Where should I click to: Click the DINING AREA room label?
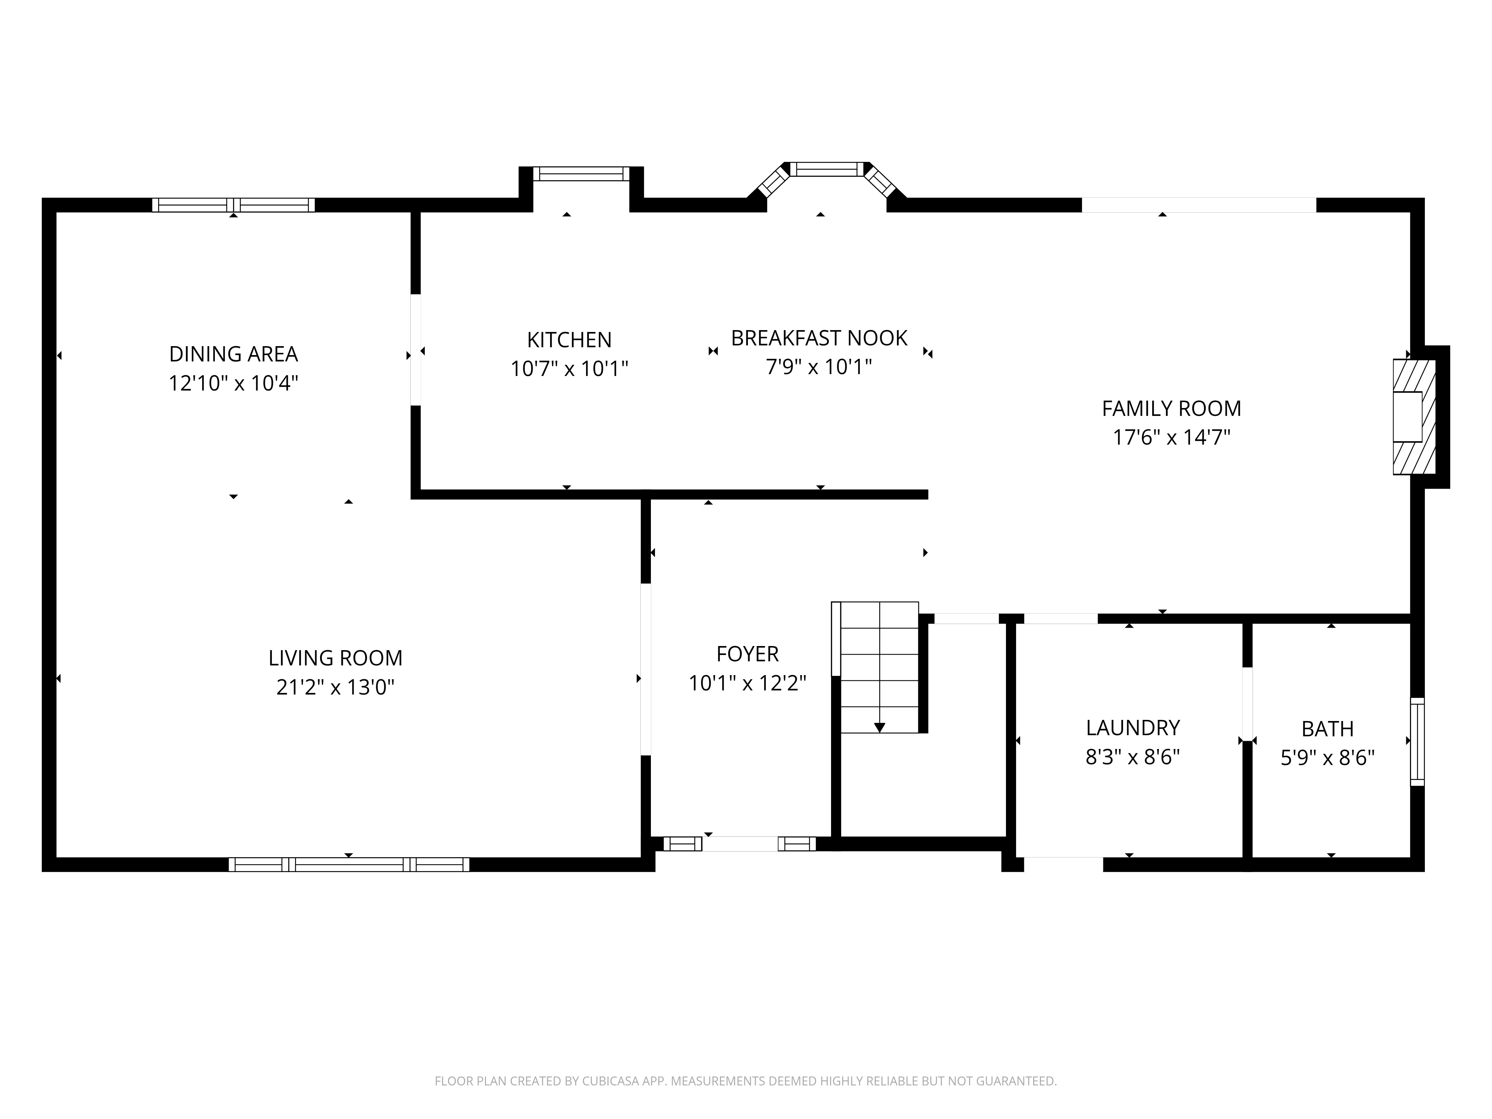pos(233,354)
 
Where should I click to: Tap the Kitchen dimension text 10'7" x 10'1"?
pos(569,369)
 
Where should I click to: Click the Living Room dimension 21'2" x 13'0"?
pos(335,687)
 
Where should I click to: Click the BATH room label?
pos(1328,729)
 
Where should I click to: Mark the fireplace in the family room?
pos(1414,417)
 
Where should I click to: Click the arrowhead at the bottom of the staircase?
pos(880,727)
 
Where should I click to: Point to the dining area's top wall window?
pos(233,205)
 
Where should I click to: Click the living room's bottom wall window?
pos(349,865)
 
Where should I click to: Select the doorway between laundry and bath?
pos(1247,704)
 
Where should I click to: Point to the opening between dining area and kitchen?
pos(416,350)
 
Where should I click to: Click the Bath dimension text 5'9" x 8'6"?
pos(1328,758)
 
